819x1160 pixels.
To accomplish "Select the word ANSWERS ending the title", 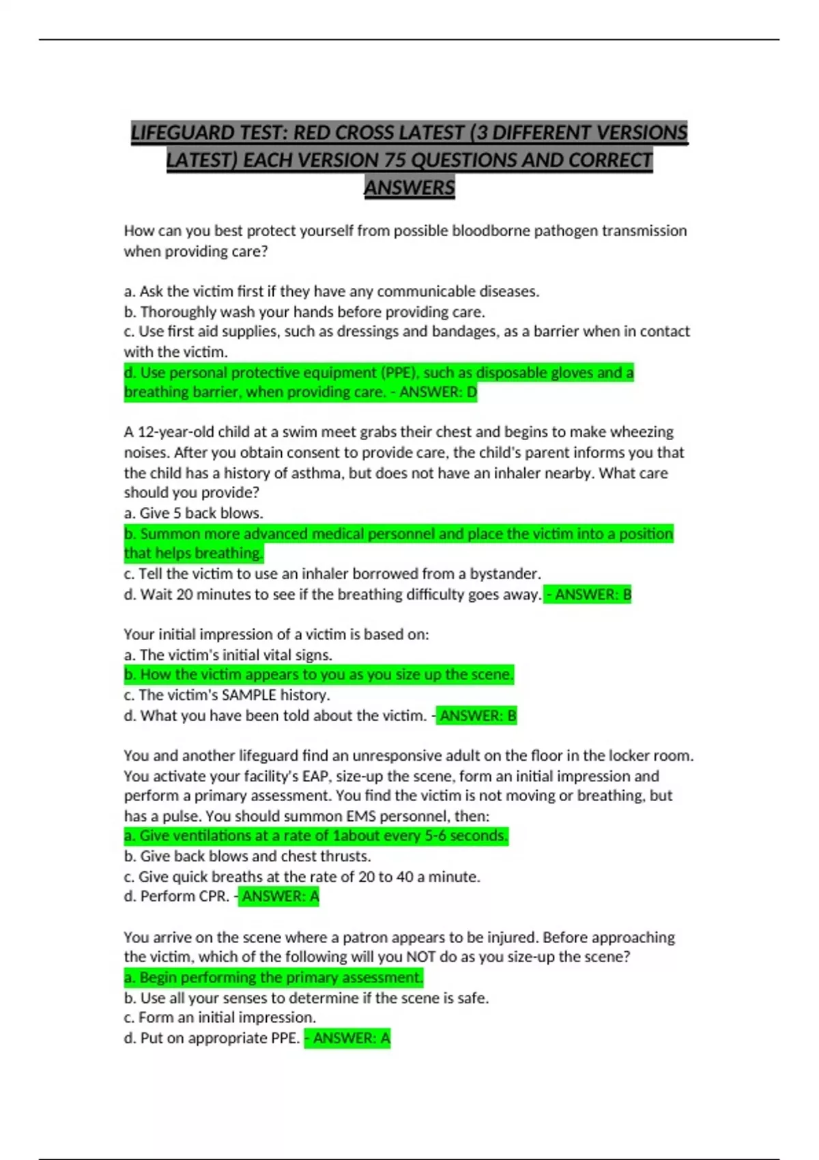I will point(409,188).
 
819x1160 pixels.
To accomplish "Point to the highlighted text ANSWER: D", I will point(438,392).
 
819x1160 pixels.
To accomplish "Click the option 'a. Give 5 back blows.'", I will point(193,513).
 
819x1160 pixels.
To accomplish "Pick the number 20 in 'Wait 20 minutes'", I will point(184,594).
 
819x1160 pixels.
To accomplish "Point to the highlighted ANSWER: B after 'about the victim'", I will point(478,716).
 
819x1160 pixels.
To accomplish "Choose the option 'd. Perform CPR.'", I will point(177,897).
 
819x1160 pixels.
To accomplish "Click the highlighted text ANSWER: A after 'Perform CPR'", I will point(280,897).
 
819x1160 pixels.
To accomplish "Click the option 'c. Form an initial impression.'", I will point(220,1017).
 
